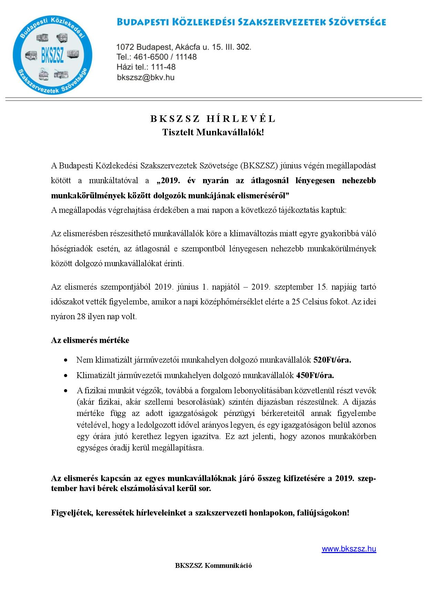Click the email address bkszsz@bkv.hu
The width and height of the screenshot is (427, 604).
pos(146,77)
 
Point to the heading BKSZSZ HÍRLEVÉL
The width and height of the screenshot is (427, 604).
pos(213,119)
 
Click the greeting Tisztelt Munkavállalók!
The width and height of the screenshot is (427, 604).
pos(213,132)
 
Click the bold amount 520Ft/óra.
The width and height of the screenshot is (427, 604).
pos(332,360)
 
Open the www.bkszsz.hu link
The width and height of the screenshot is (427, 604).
pos(348,549)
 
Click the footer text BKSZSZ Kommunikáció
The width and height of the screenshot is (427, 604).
pos(213,565)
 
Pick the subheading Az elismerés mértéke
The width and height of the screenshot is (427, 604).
pos(90,340)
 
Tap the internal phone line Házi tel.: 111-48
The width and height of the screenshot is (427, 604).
pos(146,67)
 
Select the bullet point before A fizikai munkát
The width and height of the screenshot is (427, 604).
pos(65,391)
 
